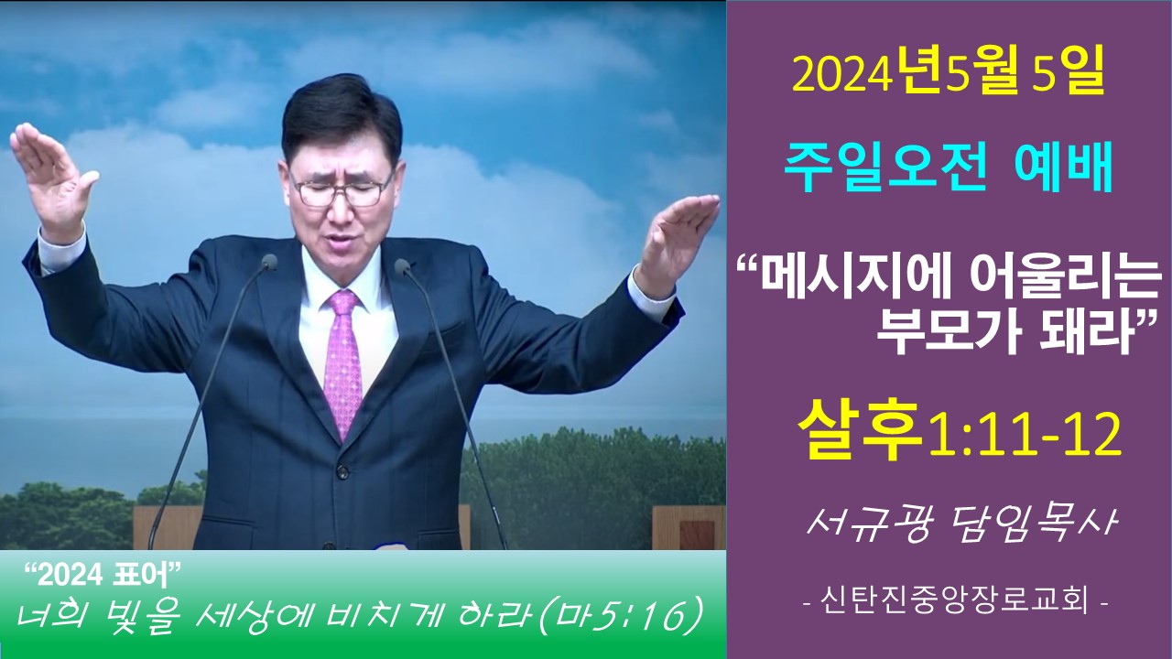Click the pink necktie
click(342, 361)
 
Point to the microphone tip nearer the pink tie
click(402, 267)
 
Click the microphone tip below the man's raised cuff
click(269, 262)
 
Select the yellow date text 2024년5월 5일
click(948, 76)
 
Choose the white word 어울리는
click(1063, 287)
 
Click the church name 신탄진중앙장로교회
click(955, 601)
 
